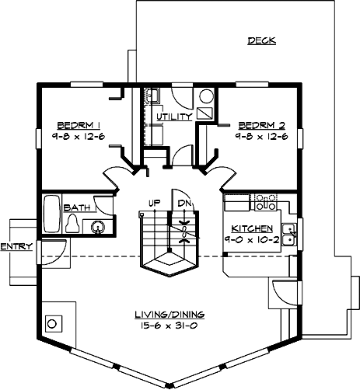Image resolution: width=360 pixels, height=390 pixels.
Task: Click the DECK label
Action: (262, 40)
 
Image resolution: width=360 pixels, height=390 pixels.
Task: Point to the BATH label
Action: (75, 207)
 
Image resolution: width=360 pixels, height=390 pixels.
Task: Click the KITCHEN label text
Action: (251, 229)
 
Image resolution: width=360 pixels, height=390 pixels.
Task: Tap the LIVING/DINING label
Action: (169, 314)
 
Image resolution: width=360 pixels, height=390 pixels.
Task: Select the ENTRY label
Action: (16, 246)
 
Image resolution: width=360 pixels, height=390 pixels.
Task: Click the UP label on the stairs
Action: (155, 203)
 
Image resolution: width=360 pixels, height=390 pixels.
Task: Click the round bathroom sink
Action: (98, 227)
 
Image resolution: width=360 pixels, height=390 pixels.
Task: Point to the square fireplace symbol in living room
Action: (54, 322)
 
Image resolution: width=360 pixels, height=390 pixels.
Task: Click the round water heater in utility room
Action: (205, 97)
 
